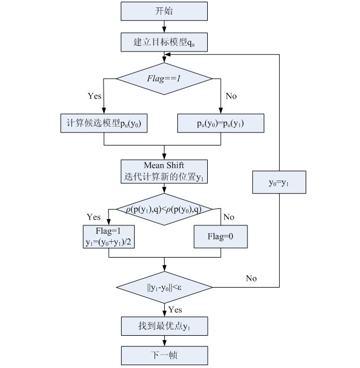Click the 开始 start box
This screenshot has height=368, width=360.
point(164,11)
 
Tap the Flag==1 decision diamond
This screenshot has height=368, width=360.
point(164,78)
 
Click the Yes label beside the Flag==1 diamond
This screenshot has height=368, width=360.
point(95,96)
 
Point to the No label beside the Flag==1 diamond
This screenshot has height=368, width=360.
point(231,96)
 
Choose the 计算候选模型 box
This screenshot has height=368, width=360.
point(104,123)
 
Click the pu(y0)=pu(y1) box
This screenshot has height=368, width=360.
point(221,123)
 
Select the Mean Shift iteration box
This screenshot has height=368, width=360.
point(164,171)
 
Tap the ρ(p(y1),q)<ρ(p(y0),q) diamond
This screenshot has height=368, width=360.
point(164,209)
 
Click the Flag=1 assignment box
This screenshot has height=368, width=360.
point(108,236)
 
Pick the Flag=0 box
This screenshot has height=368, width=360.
point(221,236)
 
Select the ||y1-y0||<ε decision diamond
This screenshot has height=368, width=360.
point(164,287)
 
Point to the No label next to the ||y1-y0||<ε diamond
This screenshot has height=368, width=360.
point(251,278)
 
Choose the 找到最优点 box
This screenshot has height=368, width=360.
point(164,326)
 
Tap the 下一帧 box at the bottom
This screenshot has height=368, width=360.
point(164,356)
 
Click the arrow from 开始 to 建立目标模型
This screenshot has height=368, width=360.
point(164,26)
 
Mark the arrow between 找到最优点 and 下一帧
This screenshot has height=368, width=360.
point(164,341)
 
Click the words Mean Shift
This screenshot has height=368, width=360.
point(164,165)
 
